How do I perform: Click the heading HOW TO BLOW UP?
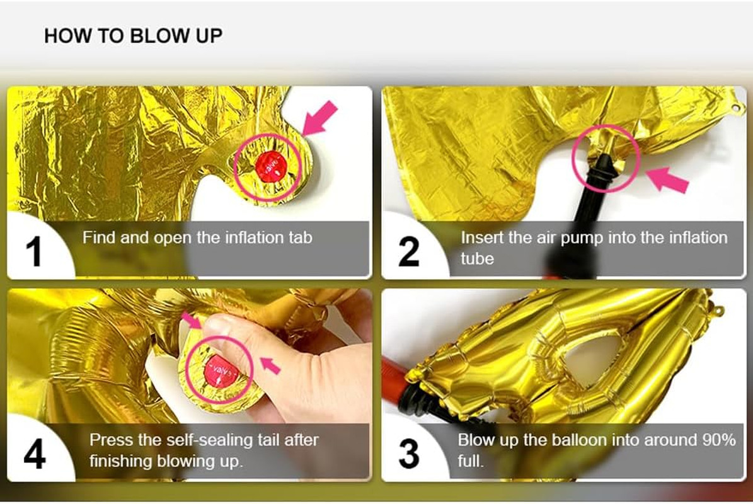[x=133, y=36]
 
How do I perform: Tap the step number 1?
[x=33, y=251]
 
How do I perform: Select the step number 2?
[x=409, y=251]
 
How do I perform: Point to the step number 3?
[x=409, y=454]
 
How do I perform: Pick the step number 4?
[x=35, y=454]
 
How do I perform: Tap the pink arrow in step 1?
[x=320, y=118]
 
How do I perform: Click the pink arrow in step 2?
[x=667, y=180]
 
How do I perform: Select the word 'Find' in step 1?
[x=99, y=237]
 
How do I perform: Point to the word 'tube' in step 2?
[x=478, y=259]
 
